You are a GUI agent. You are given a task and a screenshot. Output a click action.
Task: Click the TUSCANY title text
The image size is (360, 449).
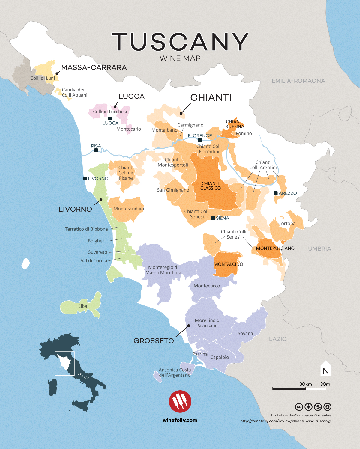click(180, 42)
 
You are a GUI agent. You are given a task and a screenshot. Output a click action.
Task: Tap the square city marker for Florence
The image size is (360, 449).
click(200, 140)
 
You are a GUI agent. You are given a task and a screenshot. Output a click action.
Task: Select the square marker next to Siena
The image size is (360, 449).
click(213, 218)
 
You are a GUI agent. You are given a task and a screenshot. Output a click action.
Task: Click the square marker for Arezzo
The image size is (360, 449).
click(276, 193)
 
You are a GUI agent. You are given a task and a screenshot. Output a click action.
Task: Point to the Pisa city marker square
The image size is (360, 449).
click(96, 150)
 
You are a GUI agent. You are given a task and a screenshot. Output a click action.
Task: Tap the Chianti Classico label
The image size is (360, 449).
click(211, 186)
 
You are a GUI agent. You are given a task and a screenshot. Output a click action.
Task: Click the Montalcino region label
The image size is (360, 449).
click(228, 264)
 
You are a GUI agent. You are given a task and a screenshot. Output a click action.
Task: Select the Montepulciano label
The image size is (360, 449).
click(275, 248)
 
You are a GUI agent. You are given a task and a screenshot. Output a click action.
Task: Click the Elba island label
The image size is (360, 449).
click(82, 306)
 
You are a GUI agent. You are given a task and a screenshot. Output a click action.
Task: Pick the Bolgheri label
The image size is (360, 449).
click(97, 241)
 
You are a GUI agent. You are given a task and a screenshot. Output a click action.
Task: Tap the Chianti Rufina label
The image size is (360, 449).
click(235, 124)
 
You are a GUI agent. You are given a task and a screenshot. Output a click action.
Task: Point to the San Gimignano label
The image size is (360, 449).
click(173, 190)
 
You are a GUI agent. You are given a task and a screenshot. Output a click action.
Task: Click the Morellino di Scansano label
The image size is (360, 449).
click(208, 323)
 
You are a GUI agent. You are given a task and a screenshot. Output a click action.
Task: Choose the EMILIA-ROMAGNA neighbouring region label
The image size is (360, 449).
click(298, 81)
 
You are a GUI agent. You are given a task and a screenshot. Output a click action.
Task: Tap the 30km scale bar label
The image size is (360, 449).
click(306, 384)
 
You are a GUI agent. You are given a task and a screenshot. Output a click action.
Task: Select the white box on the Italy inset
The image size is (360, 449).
click(64, 363)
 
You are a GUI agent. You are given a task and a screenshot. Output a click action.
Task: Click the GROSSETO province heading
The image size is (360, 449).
click(154, 341)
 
